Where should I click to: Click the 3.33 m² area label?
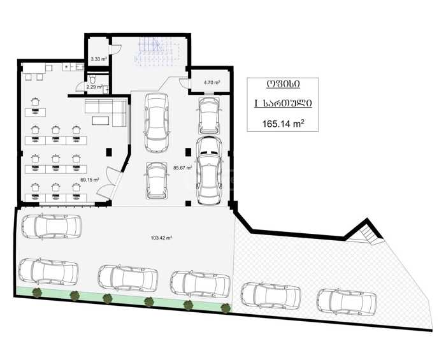pos(99,59)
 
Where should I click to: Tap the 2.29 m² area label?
pos(95,87)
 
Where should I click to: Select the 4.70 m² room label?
pos(212,83)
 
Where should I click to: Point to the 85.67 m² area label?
pos(183,168)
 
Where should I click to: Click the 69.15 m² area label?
pos(90,180)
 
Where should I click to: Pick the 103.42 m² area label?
pos(161,238)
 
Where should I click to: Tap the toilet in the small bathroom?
pos(92,80)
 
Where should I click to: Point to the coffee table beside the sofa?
pos(101,120)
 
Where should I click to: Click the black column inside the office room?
pos(109,152)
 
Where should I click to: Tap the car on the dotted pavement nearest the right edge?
pos(347,302)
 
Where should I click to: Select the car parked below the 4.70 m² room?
pos(209,115)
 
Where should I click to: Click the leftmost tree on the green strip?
pos(37,292)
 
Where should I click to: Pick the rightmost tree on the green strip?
pos(226,308)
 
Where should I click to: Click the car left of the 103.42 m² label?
pos(52,227)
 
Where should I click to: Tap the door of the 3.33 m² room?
pos(115,50)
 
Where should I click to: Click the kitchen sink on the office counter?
pos(80,67)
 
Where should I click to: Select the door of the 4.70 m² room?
pos(184,83)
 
